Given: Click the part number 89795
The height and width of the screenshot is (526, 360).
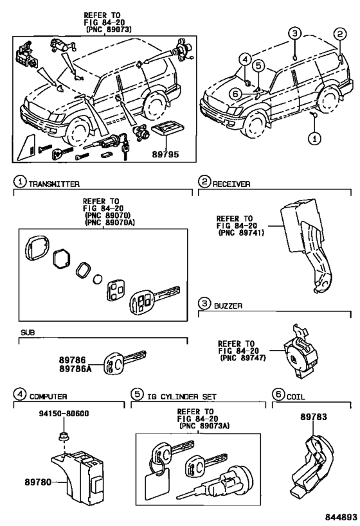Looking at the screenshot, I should tap(165, 155).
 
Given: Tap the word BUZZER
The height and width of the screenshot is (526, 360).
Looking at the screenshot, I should tap(228, 307).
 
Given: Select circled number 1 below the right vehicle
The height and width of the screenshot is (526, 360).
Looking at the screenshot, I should tap(314, 137).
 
